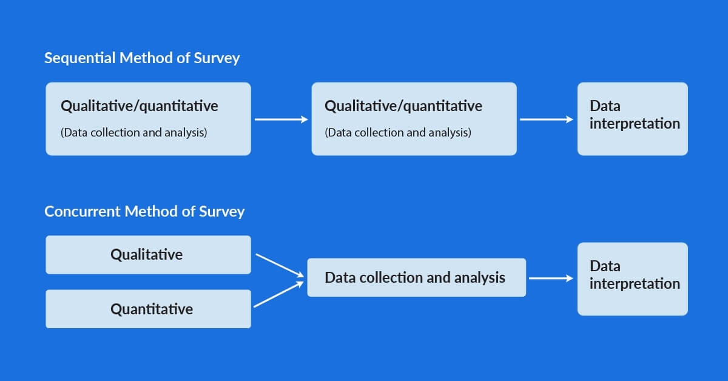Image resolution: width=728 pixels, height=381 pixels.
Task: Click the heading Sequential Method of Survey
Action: pyautogui.click(x=142, y=58)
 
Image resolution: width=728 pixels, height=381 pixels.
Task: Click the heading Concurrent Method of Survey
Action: pyautogui.click(x=144, y=212)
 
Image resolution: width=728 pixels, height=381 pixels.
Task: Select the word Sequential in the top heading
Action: pyautogui.click(x=80, y=58)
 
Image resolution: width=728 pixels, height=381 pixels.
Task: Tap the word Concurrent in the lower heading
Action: pyautogui.click(x=83, y=212)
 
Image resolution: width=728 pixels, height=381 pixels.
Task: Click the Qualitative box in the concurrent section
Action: pyautogui.click(x=148, y=255)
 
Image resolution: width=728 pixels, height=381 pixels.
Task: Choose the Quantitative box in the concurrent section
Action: pyautogui.click(x=148, y=309)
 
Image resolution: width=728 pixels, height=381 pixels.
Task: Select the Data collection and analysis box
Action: pyautogui.click(x=417, y=277)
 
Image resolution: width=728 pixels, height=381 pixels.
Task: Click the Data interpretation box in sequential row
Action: pyautogui.click(x=632, y=119)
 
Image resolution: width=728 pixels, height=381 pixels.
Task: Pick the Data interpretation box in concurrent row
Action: pyautogui.click(x=632, y=279)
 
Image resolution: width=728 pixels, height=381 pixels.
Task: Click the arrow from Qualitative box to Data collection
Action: pyautogui.click(x=280, y=266)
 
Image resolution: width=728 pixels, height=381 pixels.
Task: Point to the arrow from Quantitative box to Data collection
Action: pyautogui.click(x=278, y=294)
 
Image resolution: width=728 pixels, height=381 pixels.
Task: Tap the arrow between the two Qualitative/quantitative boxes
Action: pyautogui.click(x=281, y=120)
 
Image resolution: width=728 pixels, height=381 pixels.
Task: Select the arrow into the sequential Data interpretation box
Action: pyautogui.click(x=547, y=120)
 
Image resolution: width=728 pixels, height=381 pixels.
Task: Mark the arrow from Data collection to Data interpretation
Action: pyautogui.click(x=551, y=278)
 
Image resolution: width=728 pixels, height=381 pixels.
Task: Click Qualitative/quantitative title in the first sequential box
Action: pyautogui.click(x=140, y=106)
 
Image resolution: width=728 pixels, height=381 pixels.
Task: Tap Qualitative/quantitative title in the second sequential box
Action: pyautogui.click(x=403, y=106)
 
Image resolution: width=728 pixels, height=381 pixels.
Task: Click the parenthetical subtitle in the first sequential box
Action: pyautogui.click(x=134, y=133)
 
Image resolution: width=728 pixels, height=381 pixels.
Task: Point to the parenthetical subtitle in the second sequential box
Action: pyautogui.click(x=398, y=133)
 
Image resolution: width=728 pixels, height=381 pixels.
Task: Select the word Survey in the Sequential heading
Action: pyautogui.click(x=217, y=59)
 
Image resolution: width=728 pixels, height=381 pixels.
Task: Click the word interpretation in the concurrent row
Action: pyautogui.click(x=635, y=284)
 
